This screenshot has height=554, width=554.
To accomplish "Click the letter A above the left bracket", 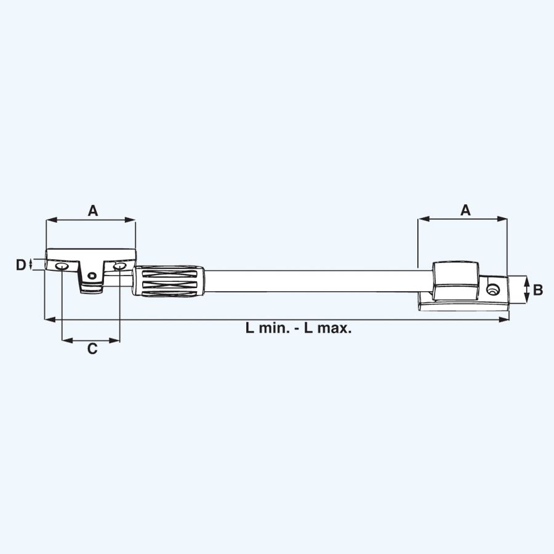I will (92, 211).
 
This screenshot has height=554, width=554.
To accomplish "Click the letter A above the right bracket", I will (465, 211).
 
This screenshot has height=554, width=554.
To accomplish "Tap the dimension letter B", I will (537, 289).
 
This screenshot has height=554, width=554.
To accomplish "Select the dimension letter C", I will (92, 349).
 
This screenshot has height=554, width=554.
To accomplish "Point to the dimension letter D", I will (21, 265).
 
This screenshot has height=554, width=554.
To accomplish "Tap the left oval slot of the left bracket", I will (62, 267).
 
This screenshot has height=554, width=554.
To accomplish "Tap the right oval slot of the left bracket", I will (119, 266).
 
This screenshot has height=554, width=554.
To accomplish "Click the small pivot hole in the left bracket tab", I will (93, 276).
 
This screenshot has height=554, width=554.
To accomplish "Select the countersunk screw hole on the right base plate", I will (493, 289).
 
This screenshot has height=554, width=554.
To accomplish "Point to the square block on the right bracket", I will (456, 280).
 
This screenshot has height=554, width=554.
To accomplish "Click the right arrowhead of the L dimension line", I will (506, 319).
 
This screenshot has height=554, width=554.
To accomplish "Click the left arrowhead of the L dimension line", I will (49, 319).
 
